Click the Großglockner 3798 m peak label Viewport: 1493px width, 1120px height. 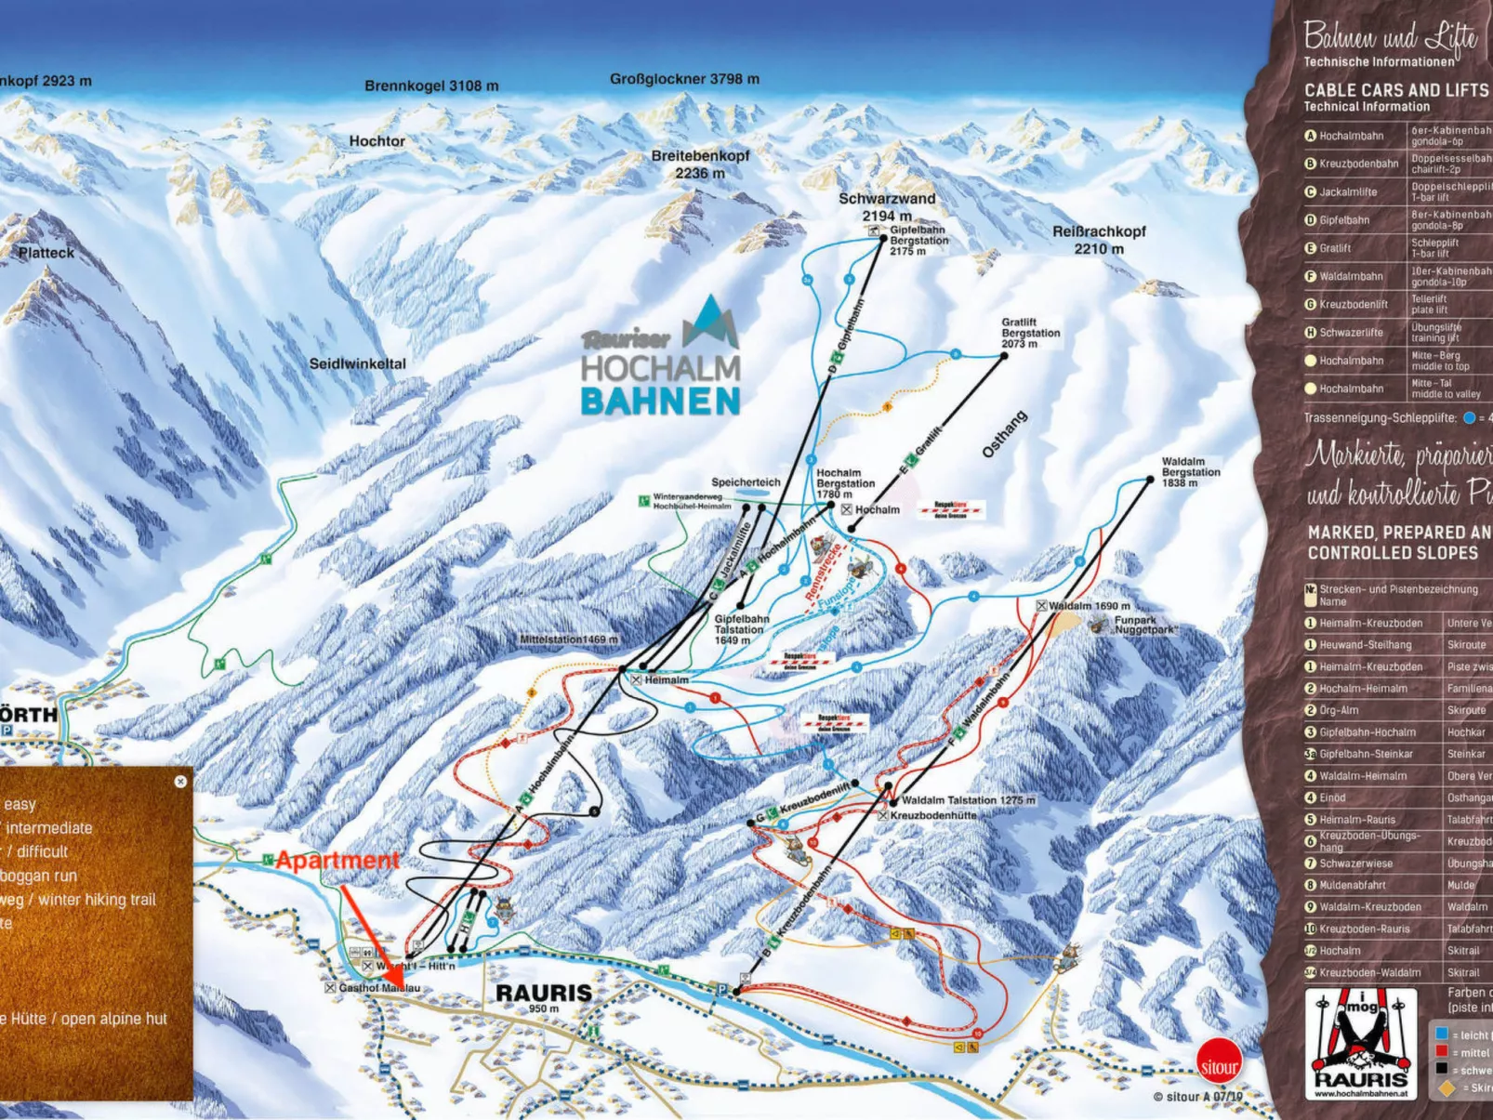684,79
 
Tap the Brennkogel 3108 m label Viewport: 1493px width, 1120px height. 431,86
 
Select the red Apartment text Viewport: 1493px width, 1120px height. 337,861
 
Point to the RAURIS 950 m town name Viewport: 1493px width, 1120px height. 544,995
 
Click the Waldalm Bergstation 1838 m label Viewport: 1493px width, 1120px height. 1190,472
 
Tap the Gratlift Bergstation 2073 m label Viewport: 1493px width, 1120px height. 1030,333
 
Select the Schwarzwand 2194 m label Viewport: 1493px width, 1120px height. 886,206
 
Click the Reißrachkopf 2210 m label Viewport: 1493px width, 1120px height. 1099,240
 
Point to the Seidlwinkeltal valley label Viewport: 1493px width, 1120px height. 357,363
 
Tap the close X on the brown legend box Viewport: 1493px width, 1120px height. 180,782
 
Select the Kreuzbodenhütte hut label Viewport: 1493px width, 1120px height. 932,815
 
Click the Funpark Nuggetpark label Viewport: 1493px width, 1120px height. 1145,625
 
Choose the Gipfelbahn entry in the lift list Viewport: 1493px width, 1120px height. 1344,220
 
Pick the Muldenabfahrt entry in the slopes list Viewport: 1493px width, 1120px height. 1352,885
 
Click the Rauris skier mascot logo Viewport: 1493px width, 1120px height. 1360,1044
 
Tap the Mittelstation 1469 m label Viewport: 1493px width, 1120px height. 568,639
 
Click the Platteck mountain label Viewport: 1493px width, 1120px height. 46,253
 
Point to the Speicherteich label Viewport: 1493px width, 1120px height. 746,482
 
